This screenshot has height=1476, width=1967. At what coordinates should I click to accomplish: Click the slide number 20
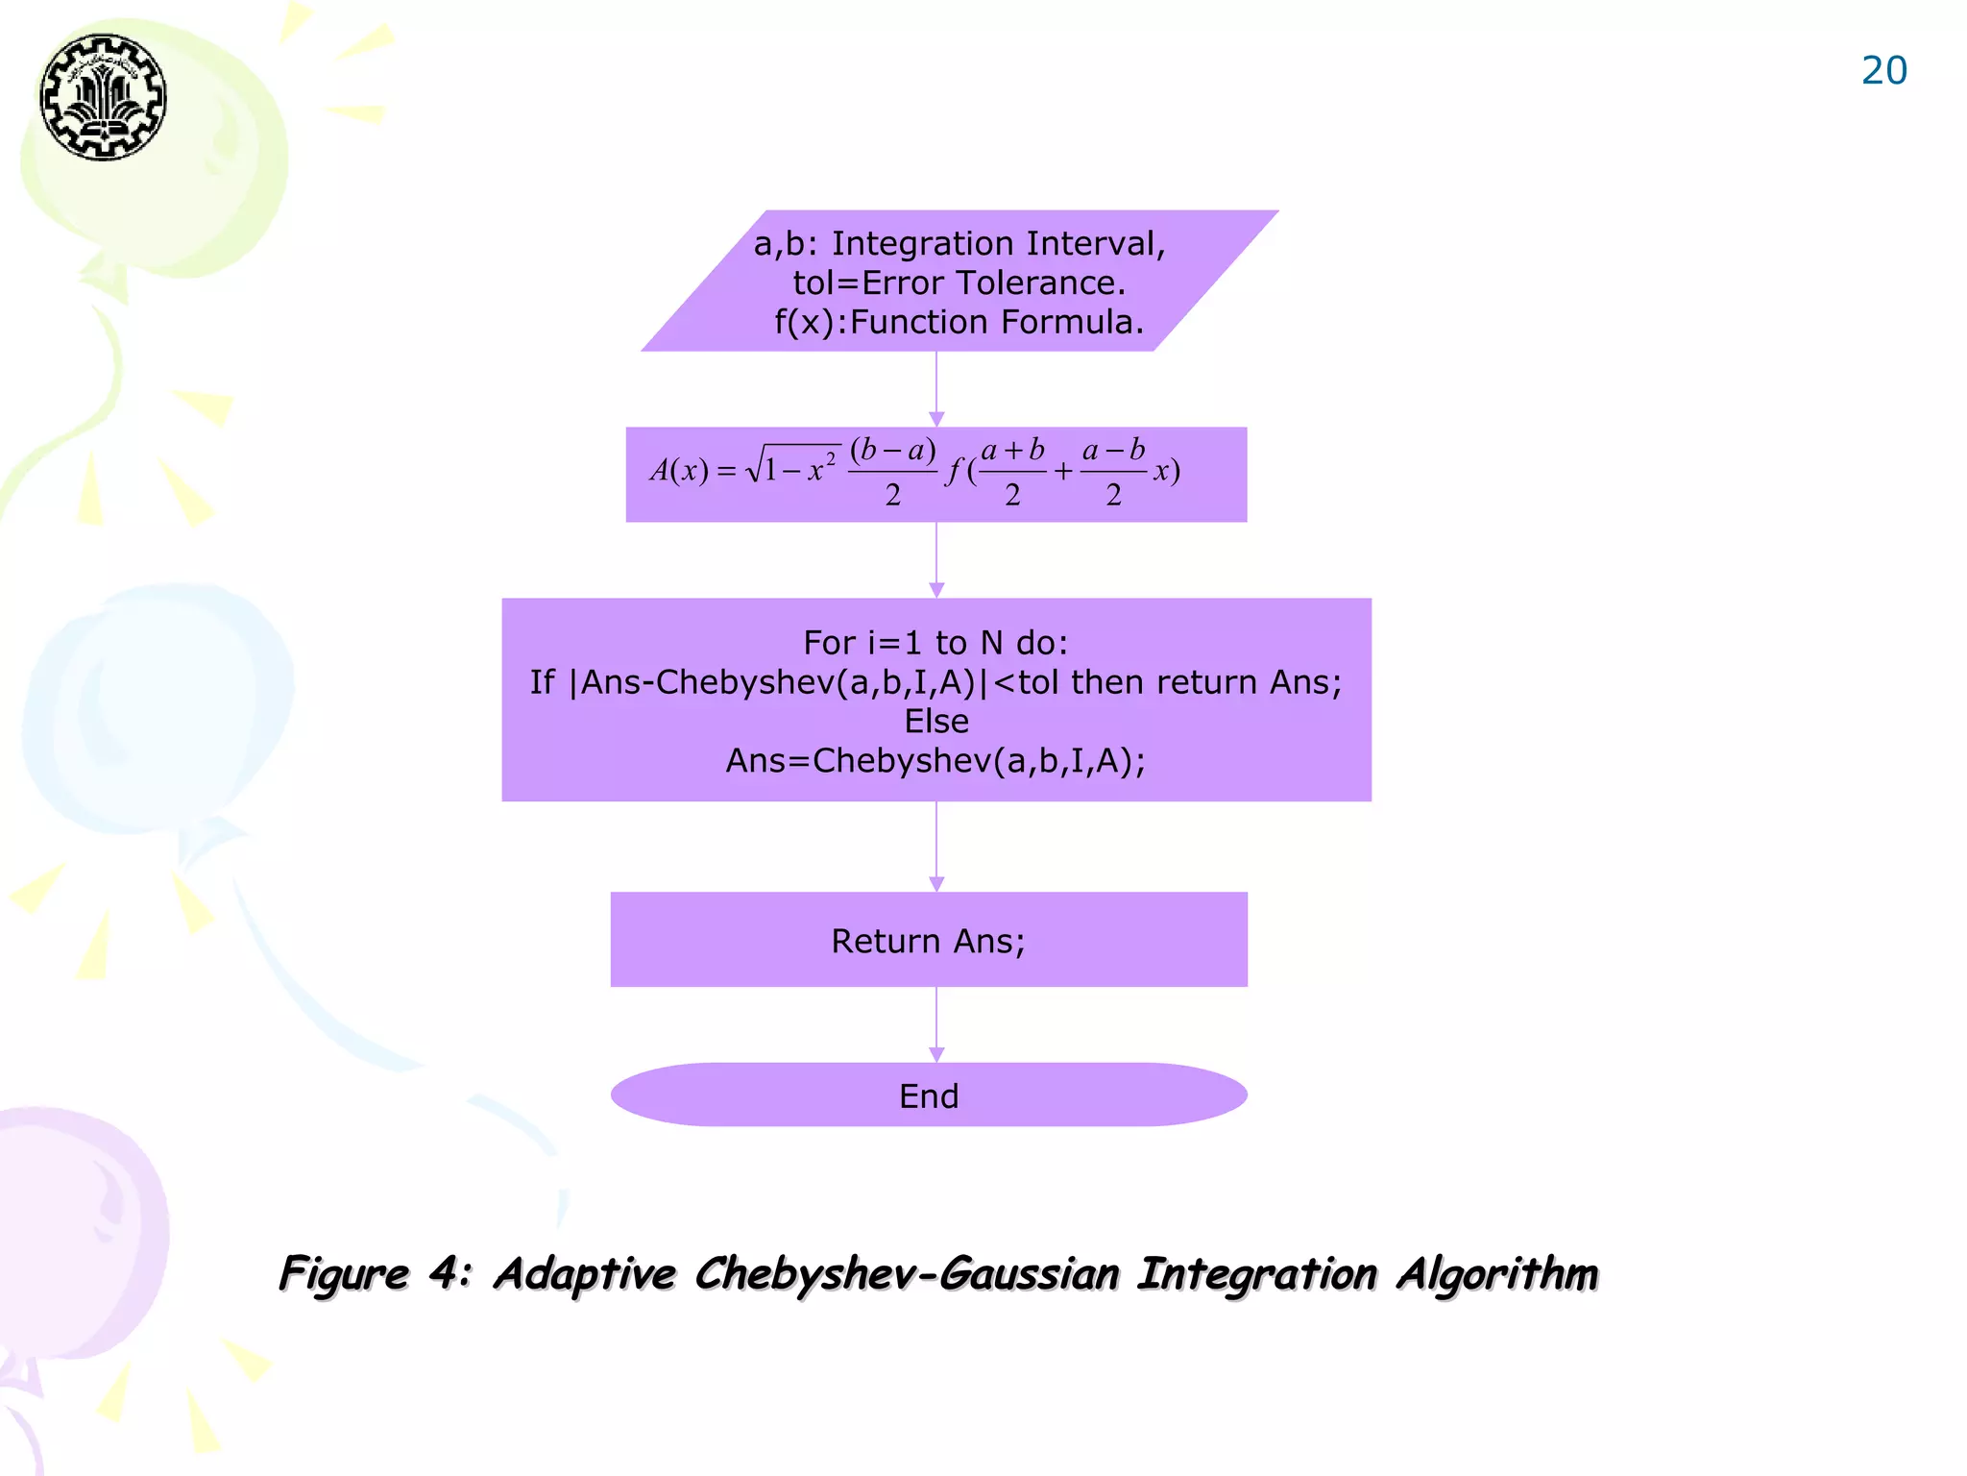(x=1883, y=71)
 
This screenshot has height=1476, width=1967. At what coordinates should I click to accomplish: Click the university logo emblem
(x=103, y=97)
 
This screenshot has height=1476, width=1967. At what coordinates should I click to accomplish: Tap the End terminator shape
(x=929, y=1095)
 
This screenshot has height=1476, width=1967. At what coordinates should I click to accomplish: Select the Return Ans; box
(x=929, y=940)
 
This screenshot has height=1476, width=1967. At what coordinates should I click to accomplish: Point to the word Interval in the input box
(x=1095, y=244)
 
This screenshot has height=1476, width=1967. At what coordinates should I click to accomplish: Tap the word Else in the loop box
(x=936, y=722)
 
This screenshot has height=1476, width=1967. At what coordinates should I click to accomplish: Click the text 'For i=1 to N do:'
(x=935, y=642)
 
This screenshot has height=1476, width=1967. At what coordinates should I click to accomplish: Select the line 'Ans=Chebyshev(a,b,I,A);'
(x=935, y=761)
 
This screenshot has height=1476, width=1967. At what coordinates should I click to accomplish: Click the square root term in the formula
(x=793, y=465)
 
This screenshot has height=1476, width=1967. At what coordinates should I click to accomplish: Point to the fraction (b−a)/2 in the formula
(x=892, y=471)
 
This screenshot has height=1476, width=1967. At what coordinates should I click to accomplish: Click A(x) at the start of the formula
(x=678, y=471)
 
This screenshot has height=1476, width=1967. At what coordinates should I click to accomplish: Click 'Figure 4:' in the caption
(x=375, y=1274)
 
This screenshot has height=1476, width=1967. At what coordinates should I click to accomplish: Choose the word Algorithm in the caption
(x=1496, y=1274)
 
